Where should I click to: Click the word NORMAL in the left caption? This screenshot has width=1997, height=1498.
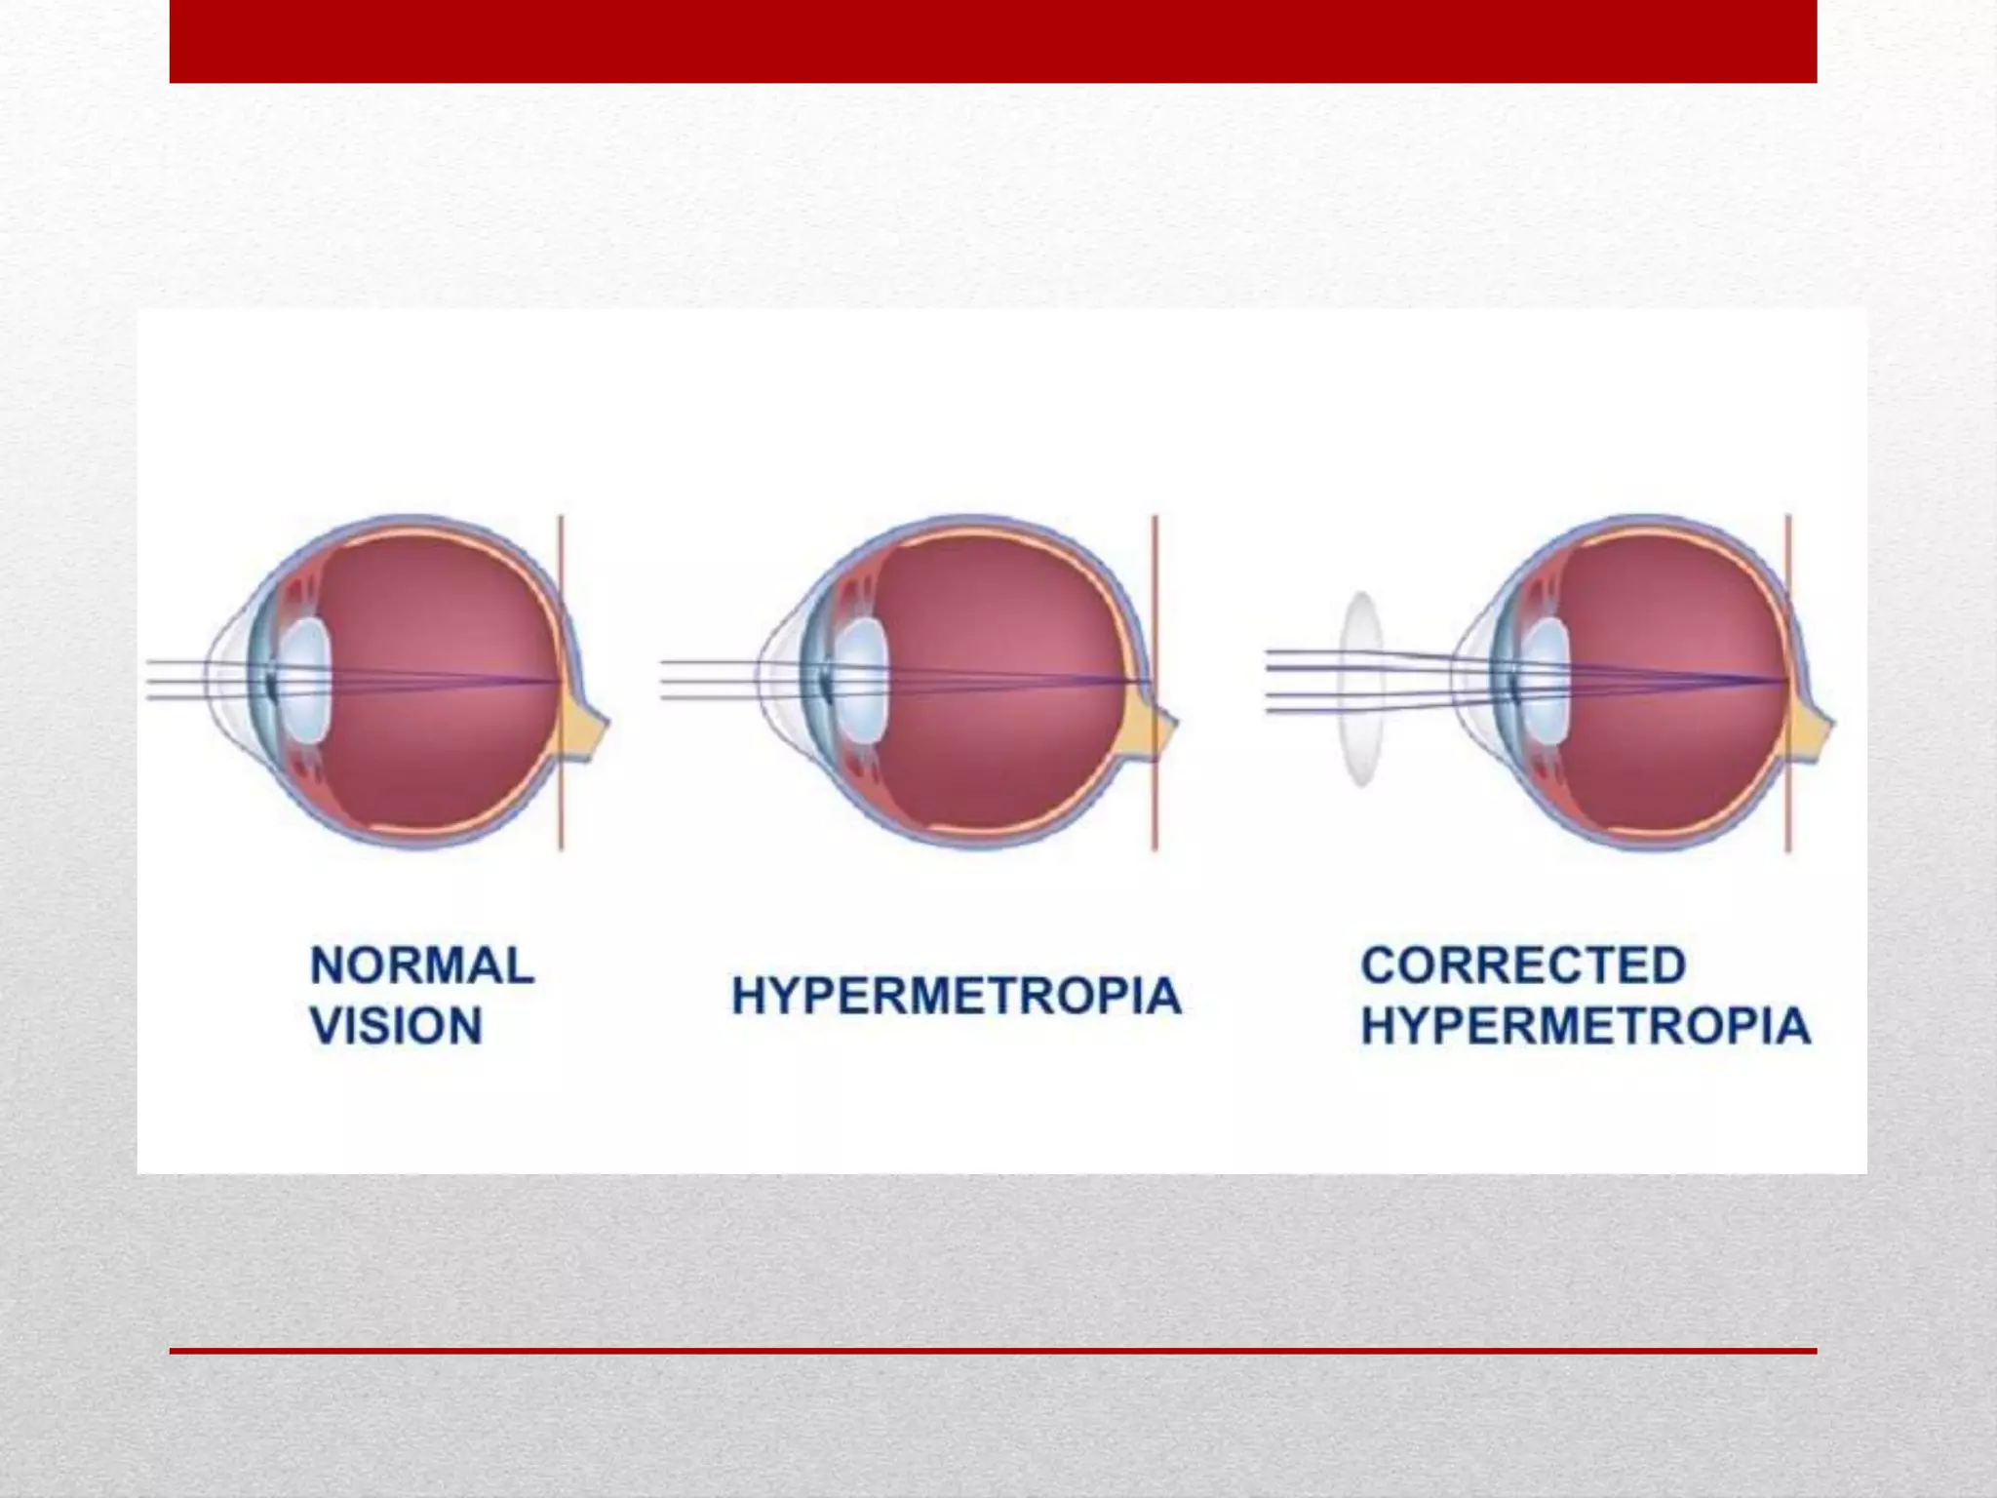tap(422, 966)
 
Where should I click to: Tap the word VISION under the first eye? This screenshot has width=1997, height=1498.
tap(396, 1026)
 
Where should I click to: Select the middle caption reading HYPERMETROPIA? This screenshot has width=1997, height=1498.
tap(956, 996)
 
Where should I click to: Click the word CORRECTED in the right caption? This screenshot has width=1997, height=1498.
tap(1523, 966)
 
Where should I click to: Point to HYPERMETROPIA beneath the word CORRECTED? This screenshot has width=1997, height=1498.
tap(1586, 1026)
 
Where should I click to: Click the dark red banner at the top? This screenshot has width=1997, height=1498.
tap(993, 41)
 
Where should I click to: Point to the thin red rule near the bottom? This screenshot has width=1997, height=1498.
tap(993, 1351)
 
